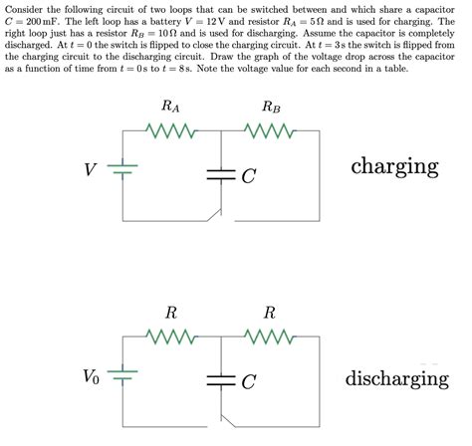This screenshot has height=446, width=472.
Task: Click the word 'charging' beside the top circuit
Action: [394, 165]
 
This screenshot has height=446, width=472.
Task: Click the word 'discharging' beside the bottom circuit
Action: [396, 378]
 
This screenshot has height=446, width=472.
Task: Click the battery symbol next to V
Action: [121, 170]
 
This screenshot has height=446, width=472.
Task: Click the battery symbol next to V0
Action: [121, 375]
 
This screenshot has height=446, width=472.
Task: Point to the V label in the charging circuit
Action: [91, 170]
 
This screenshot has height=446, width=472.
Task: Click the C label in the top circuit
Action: [249, 176]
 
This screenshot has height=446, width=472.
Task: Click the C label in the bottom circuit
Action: [249, 381]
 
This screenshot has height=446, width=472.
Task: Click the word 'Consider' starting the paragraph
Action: [22, 8]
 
